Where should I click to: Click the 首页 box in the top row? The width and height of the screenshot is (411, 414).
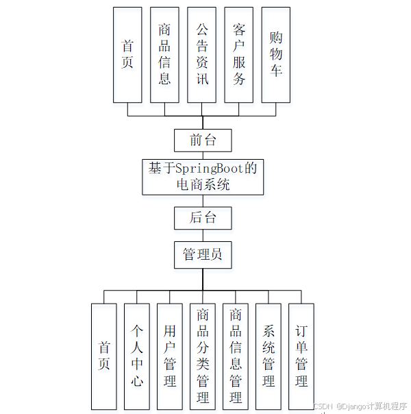tap(127, 55)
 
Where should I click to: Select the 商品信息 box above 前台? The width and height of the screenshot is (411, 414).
tap(164, 55)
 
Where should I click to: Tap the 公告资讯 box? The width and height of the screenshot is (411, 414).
tap(201, 55)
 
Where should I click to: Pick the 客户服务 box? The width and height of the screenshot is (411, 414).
tap(238, 55)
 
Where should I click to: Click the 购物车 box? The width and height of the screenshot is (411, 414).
tap(275, 55)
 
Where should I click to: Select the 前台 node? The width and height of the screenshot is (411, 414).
tap(203, 141)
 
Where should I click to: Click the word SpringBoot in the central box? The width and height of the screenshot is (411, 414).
tap(210, 168)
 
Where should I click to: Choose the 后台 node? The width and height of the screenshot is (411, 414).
tap(203, 219)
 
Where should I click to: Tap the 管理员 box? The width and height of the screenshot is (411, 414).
tap(203, 255)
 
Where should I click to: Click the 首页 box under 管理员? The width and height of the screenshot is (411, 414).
tap(104, 356)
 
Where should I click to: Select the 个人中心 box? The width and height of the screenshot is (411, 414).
tap(137, 356)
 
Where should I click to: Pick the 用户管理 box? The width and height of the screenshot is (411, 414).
tap(170, 356)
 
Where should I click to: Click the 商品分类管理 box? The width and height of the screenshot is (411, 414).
tap(203, 356)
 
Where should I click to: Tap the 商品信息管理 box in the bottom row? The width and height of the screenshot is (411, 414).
tap(236, 356)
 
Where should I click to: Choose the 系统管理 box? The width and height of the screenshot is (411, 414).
tap(269, 356)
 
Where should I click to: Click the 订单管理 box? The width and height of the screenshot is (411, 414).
tap(301, 356)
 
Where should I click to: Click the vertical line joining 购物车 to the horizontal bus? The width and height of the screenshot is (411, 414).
tap(275, 109)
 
